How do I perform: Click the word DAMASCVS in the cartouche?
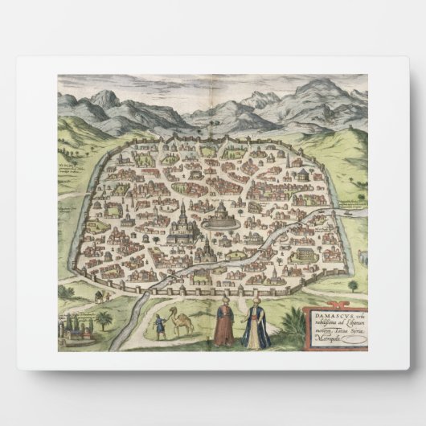(x=325, y=314)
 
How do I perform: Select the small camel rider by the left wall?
(x=97, y=296)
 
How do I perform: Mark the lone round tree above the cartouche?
(x=353, y=285)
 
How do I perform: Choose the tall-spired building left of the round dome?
(x=183, y=223)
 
